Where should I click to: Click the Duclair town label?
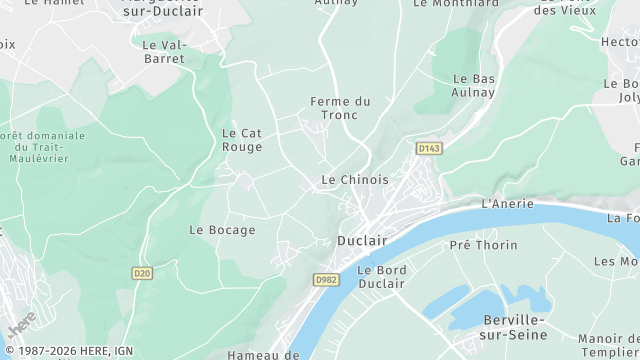[x=361, y=241]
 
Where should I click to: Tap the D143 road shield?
[x=429, y=148]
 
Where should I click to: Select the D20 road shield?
[x=141, y=272]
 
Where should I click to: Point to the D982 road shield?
[x=326, y=280]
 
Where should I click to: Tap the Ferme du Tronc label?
[x=340, y=108]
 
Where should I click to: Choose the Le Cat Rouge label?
[x=242, y=140]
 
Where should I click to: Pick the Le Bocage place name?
[x=222, y=230]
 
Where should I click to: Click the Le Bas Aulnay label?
[x=475, y=85]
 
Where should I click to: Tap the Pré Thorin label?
[x=484, y=245]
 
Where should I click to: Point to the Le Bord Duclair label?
[x=380, y=276]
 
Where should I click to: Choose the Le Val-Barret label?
[x=164, y=52]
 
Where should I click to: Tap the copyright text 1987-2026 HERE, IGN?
[x=67, y=351]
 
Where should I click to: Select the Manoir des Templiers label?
[x=610, y=345]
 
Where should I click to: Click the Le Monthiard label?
[x=455, y=4]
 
